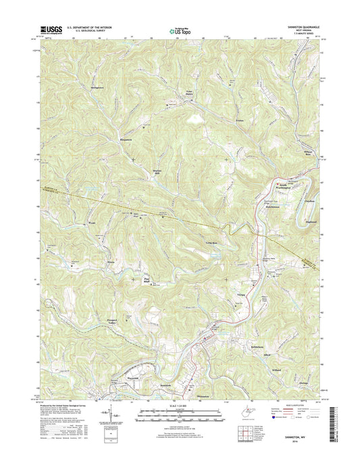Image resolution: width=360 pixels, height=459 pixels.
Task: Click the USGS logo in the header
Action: pos(54,29)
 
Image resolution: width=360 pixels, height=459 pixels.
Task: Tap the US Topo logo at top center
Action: pos(179,29)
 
